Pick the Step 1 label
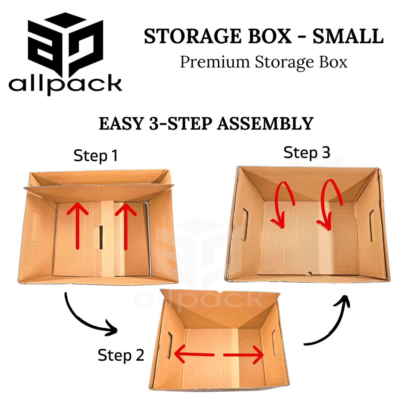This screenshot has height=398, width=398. (x=96, y=156)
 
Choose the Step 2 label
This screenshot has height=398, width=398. (x=121, y=354)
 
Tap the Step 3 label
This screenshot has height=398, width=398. (x=307, y=153)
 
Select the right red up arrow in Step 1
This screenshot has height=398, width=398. (x=126, y=227)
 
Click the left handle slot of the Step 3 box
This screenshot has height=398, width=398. (x=244, y=225)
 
